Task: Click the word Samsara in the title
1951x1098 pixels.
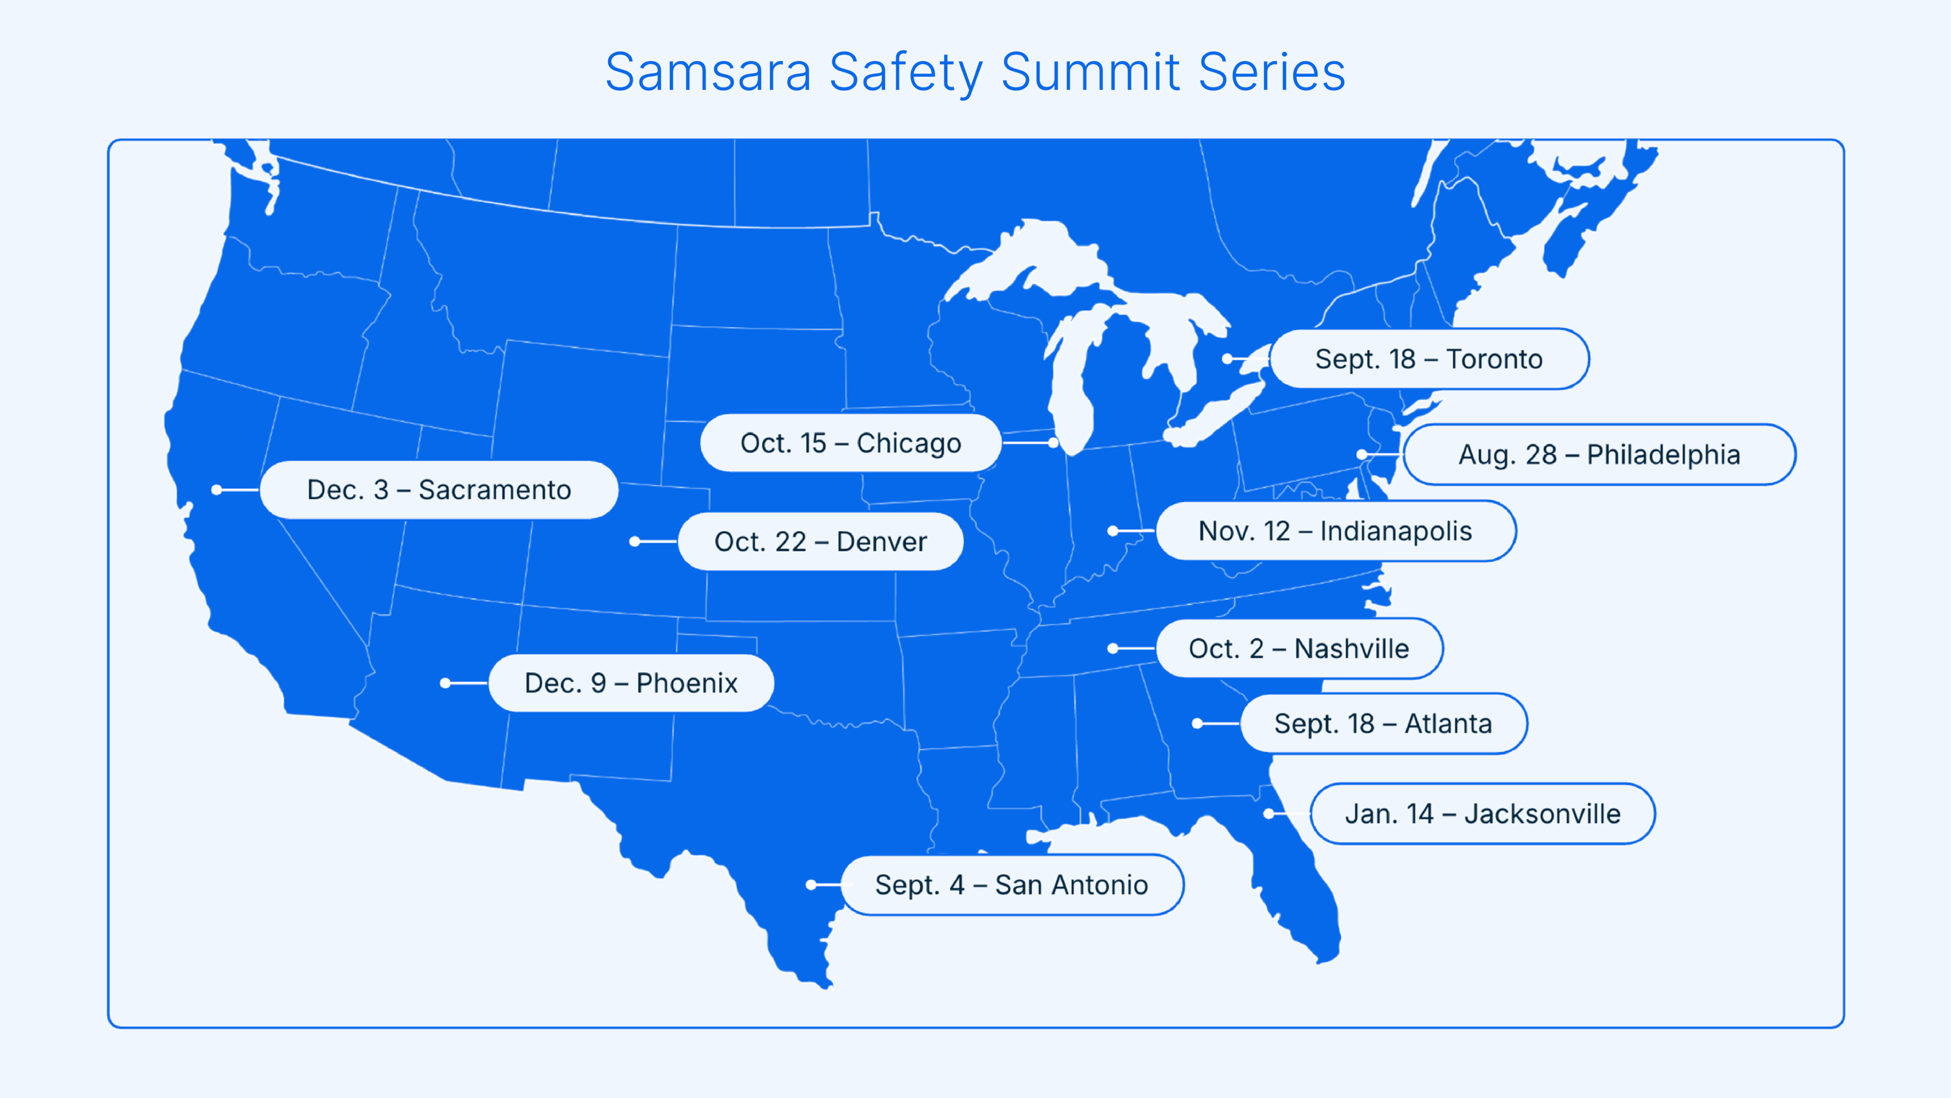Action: (x=708, y=73)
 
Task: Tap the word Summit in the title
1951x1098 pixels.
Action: (x=1091, y=73)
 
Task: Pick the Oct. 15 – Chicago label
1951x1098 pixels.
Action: (x=851, y=443)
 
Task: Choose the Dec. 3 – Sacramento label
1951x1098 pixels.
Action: (x=438, y=490)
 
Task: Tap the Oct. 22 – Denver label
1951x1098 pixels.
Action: (x=820, y=542)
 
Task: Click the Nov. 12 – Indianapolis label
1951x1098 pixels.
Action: (x=1335, y=531)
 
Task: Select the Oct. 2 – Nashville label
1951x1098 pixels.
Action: (x=1299, y=648)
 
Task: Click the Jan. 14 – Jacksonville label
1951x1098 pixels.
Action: (x=1482, y=813)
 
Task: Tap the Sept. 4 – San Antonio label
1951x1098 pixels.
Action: (x=1011, y=885)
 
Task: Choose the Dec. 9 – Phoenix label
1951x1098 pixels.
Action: (x=631, y=683)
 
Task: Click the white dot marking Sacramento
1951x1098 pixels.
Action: (x=217, y=490)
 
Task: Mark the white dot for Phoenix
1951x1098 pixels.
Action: (x=445, y=683)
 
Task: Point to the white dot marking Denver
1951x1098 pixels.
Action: (x=635, y=542)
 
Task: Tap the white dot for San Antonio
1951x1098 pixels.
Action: (x=810, y=885)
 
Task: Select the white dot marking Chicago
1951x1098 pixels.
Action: (x=1053, y=442)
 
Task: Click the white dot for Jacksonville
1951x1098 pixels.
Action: (x=1268, y=814)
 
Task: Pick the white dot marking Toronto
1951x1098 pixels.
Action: (x=1227, y=359)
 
